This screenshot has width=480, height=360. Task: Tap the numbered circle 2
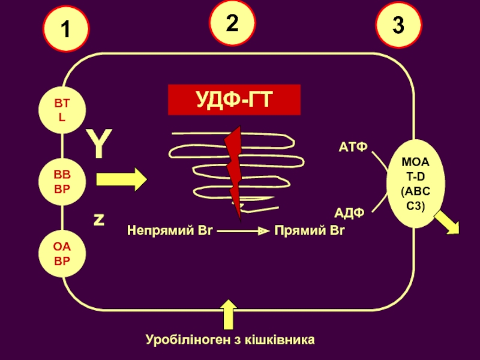(x=232, y=23)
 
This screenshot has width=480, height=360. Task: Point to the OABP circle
(x=62, y=254)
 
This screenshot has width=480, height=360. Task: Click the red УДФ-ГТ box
(x=234, y=100)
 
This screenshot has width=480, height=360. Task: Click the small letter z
(x=98, y=220)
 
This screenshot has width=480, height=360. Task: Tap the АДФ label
(x=350, y=212)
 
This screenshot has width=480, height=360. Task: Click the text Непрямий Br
(x=170, y=230)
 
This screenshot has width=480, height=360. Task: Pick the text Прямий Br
(x=309, y=230)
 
